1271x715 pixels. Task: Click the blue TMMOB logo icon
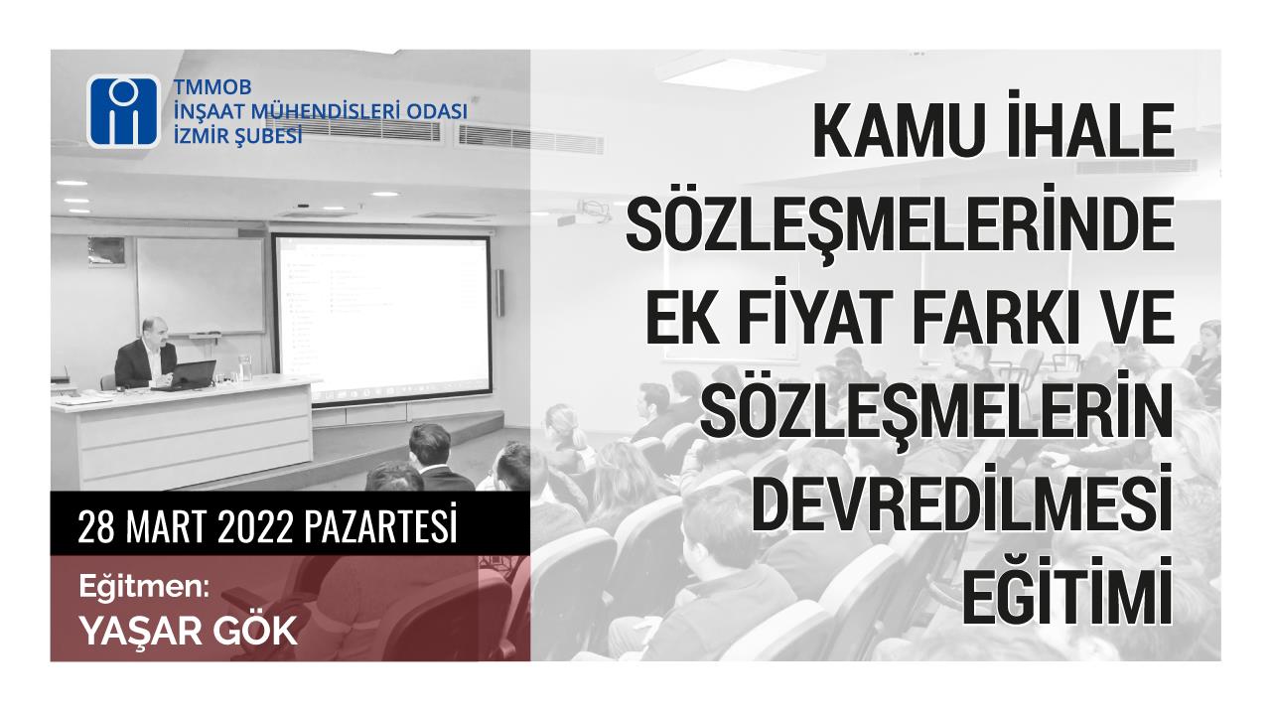(x=123, y=112)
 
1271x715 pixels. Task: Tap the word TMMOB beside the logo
(x=212, y=86)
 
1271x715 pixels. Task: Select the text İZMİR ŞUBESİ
(x=237, y=136)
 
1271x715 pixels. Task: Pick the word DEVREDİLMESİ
(x=962, y=499)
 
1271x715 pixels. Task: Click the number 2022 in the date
(x=255, y=527)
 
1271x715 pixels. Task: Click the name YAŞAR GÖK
(x=189, y=631)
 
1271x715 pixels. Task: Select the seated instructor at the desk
(x=145, y=355)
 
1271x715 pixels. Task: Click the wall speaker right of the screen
(x=499, y=293)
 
